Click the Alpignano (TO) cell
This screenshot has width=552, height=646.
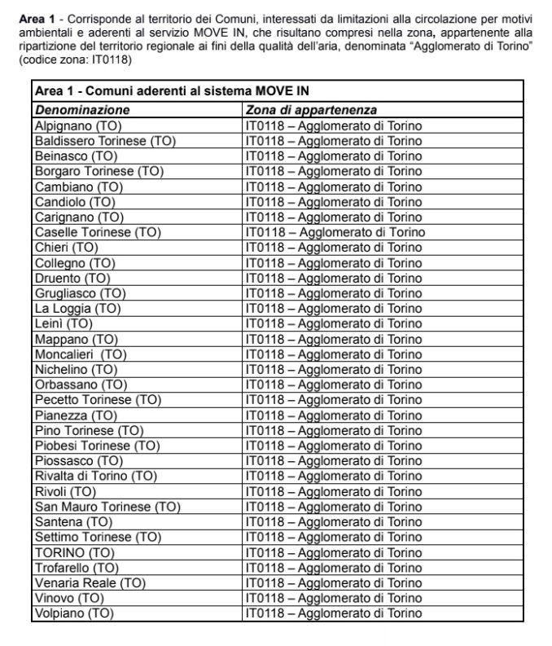click(x=74, y=125)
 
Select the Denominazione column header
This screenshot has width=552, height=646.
click(x=81, y=110)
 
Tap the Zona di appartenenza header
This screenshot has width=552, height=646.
click(x=311, y=110)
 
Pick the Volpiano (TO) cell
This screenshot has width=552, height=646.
click(x=73, y=613)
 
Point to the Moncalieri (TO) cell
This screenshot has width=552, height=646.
click(x=81, y=354)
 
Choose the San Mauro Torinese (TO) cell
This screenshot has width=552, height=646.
click(x=107, y=507)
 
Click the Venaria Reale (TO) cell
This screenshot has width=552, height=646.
click(x=90, y=583)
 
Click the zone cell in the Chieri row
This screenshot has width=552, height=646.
click(x=333, y=248)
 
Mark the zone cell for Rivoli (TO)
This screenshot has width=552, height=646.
click(x=333, y=491)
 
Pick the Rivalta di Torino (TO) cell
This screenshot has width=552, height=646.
click(x=94, y=476)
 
